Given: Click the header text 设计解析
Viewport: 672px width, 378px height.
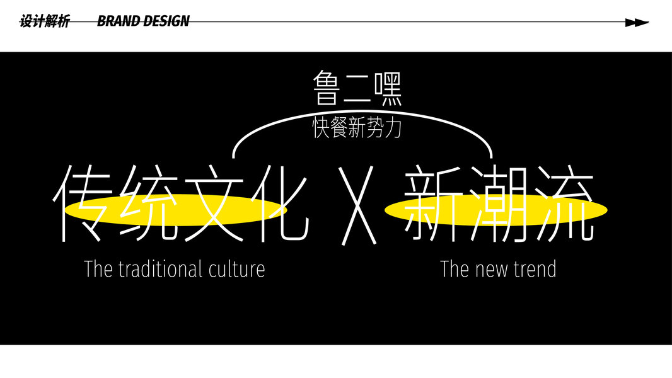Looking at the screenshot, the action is (44, 21).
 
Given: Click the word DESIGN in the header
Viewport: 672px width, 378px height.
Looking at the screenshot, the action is (166, 21).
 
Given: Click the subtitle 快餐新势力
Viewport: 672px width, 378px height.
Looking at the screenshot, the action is (357, 128).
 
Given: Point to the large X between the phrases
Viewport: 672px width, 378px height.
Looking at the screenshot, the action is (357, 205).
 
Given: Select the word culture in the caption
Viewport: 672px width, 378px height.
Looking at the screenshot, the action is (235, 269).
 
